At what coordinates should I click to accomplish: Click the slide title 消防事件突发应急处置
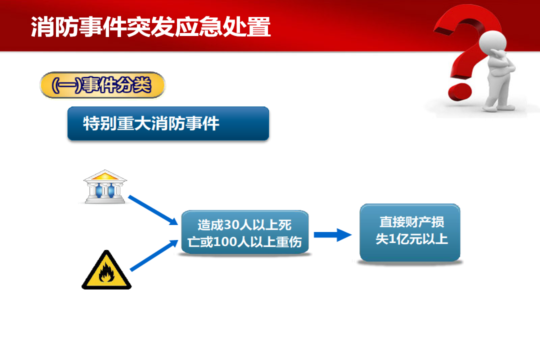[x=151, y=26]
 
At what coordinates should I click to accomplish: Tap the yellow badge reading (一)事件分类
[x=102, y=85]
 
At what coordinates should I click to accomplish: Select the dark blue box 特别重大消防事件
[x=168, y=123]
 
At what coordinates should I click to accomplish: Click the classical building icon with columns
[x=105, y=186]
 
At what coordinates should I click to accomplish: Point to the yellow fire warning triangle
[x=106, y=270]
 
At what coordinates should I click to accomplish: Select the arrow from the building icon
[x=153, y=210]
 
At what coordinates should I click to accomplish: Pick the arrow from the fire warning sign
[x=154, y=255]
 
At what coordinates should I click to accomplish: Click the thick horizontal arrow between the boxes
[x=332, y=235]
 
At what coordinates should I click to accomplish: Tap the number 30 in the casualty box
[x=232, y=225]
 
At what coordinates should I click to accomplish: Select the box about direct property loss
[x=410, y=232]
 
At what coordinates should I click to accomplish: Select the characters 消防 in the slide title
[x=55, y=26]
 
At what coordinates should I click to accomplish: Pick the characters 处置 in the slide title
[x=247, y=26]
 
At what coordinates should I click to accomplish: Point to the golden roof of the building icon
[x=105, y=175]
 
